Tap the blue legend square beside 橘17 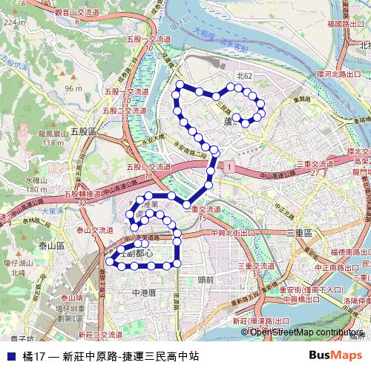point(11,356)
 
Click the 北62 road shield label point(244,76)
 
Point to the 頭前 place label point(206,280)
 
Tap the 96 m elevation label point(73,88)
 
